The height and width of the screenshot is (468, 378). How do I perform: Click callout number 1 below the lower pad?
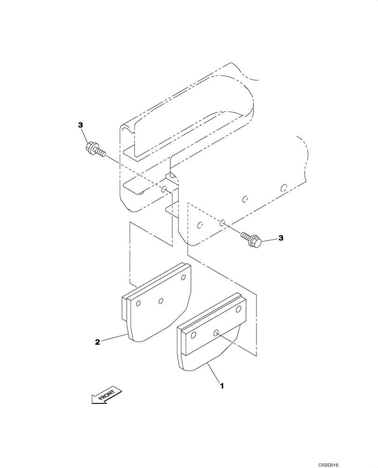click(222, 386)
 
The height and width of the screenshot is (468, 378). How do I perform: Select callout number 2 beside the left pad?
click(98, 342)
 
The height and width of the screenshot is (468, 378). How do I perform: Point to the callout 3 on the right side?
click(281, 238)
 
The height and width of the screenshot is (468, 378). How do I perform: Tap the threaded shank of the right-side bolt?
click(246, 236)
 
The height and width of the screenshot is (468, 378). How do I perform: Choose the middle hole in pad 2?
click(160, 300)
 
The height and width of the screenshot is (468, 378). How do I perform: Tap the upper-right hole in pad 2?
click(183, 278)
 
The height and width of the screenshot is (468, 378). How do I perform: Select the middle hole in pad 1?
click(216, 333)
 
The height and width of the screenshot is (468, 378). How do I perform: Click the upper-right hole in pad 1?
click(239, 309)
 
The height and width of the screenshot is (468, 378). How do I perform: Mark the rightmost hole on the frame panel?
click(283, 188)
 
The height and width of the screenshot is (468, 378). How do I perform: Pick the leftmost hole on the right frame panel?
click(200, 226)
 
